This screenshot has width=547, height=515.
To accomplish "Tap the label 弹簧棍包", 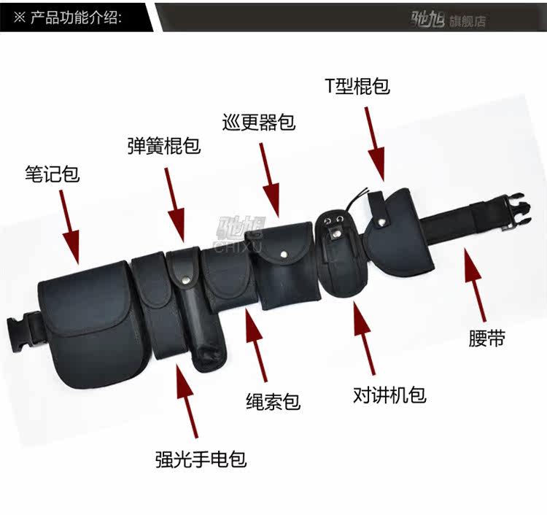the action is click(x=163, y=145).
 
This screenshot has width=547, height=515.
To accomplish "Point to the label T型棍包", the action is click(x=357, y=86).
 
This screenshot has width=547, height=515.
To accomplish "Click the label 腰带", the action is click(x=487, y=340).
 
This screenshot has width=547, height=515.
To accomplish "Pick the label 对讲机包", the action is click(x=389, y=396).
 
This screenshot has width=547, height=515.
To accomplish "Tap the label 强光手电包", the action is click(x=201, y=460).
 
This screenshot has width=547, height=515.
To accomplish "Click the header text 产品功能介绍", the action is click(x=76, y=16).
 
